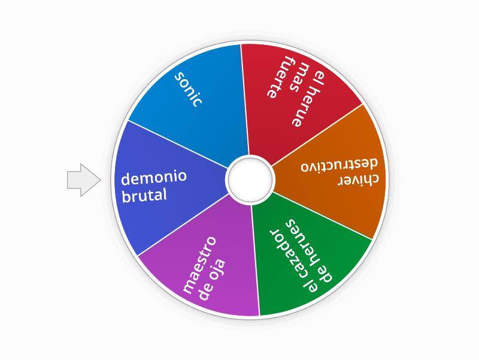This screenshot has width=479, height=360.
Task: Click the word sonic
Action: tap(188, 89)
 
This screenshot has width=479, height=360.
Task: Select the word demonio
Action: tap(154, 178)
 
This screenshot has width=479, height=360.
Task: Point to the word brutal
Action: tap(144, 196)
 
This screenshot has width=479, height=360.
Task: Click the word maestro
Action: tap(199, 265)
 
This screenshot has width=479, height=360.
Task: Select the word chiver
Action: tap(358, 180)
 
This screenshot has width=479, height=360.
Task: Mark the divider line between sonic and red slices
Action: tap(244, 100)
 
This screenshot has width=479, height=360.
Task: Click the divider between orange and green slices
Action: tap(322, 216)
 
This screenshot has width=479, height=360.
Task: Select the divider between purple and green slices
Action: tap(255, 260)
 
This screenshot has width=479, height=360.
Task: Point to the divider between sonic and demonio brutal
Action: tap(178, 144)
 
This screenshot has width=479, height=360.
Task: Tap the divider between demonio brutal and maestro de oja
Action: tap(183, 224)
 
